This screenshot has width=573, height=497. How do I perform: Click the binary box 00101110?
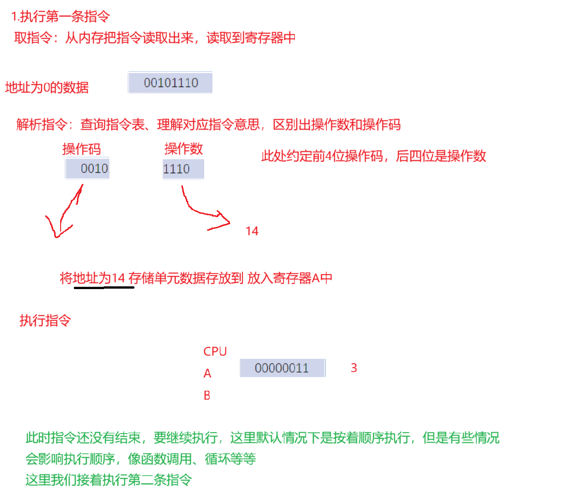[x=170, y=83]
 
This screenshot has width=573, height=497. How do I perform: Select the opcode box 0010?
[x=88, y=169]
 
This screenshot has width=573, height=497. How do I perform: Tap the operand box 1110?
[x=183, y=169]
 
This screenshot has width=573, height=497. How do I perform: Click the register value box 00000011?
[x=282, y=368]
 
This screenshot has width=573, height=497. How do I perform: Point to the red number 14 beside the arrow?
[x=252, y=231]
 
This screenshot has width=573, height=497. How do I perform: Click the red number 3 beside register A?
[x=354, y=368]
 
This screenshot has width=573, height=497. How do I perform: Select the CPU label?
[x=215, y=352]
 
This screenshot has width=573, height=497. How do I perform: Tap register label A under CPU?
[x=207, y=374]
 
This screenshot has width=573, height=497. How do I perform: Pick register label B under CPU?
[x=207, y=395]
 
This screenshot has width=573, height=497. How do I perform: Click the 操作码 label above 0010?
[x=82, y=149]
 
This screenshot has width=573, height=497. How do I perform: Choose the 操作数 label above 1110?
[x=183, y=149]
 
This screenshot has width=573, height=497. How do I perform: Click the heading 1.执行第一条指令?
[x=61, y=17]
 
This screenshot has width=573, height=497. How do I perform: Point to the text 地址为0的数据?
[x=47, y=87]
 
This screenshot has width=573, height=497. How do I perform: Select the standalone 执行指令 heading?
[x=45, y=321]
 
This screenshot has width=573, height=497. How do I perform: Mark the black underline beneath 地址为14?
[x=104, y=288]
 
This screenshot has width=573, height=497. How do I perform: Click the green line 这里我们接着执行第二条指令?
[x=108, y=480]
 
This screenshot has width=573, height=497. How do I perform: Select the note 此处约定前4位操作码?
[x=373, y=156]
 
